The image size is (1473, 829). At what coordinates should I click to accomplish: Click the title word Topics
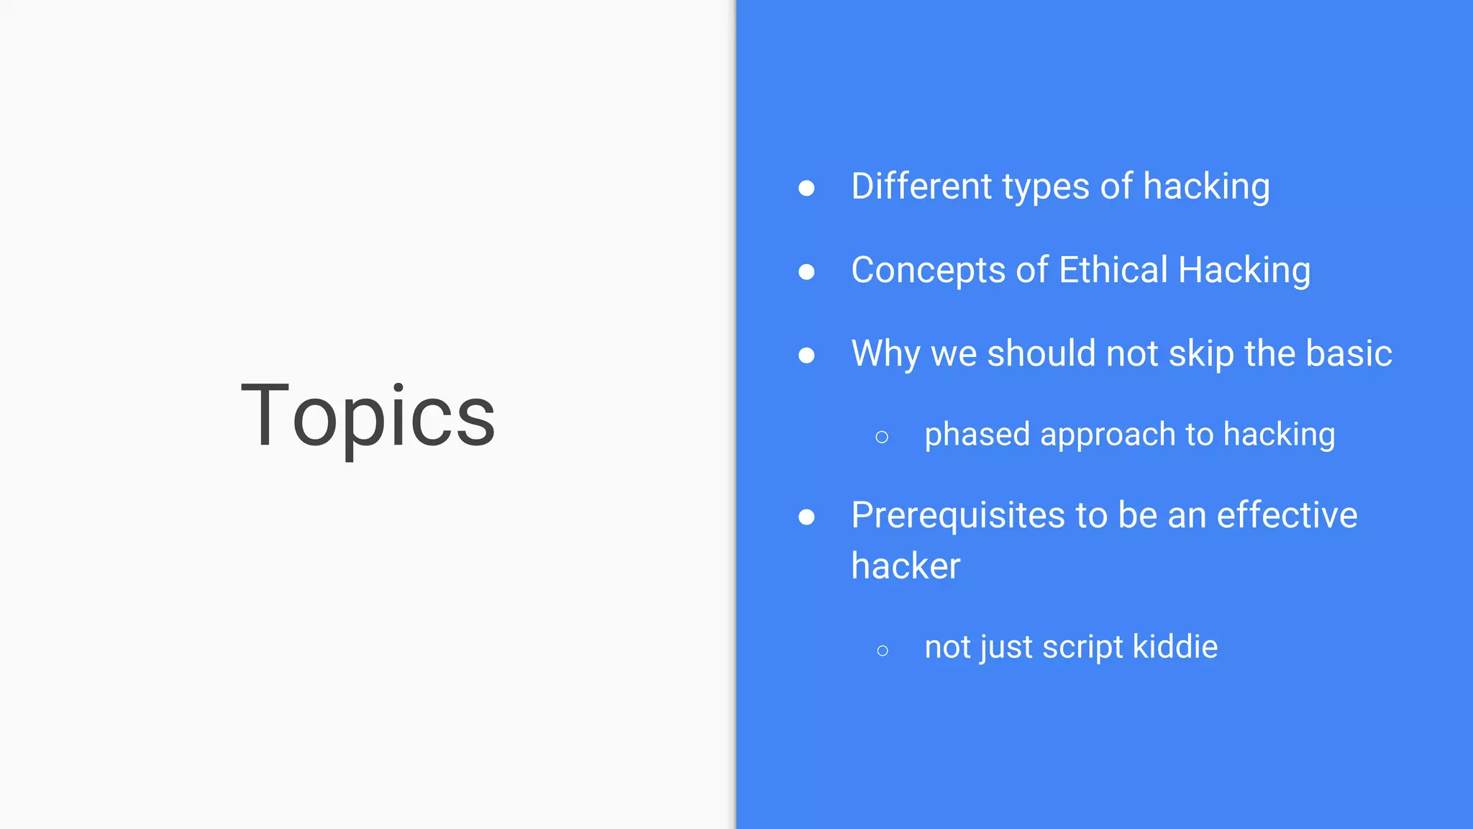coord(368,417)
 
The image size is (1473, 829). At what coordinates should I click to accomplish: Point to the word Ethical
coord(1113,270)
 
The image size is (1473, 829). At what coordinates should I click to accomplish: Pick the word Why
coord(885,354)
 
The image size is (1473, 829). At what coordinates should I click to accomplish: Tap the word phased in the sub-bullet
coord(977,435)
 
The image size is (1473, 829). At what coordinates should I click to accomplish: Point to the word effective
coord(1287,515)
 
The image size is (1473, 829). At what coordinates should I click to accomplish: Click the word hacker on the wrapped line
coord(906,566)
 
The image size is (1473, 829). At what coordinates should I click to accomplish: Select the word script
coord(1082,648)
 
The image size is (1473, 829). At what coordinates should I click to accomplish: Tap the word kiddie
coord(1175,646)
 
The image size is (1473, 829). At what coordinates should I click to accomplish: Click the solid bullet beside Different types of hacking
coord(806,189)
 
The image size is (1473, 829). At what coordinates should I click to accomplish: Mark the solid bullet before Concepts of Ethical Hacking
coord(806,272)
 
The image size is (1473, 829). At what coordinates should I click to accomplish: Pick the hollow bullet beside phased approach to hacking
coord(882,437)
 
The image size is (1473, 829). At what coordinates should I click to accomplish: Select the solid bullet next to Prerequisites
coord(806,517)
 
